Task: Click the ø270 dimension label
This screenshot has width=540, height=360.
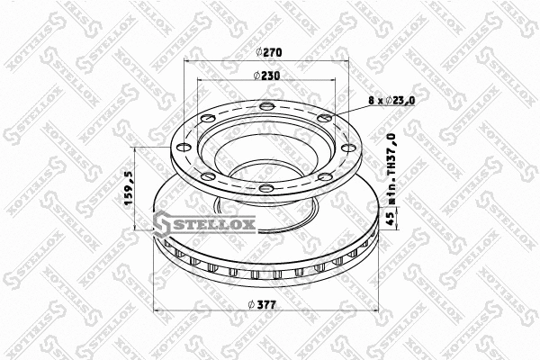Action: [267, 54]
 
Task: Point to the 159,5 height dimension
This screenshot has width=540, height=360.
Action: [129, 189]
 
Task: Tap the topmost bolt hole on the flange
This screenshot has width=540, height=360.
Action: [267, 109]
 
